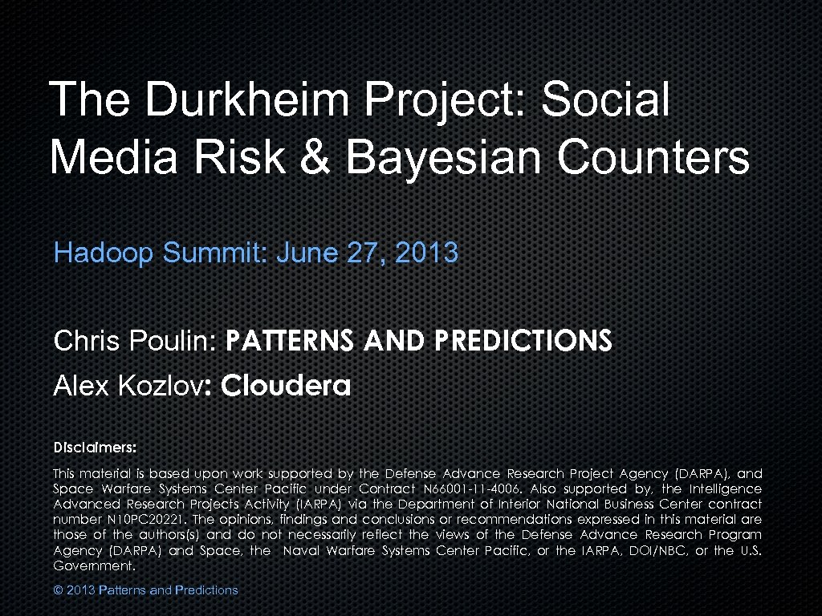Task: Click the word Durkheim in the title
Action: click(250, 100)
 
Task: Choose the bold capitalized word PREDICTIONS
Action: click(523, 342)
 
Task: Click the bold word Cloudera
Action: click(286, 387)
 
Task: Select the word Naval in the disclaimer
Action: click(305, 550)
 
